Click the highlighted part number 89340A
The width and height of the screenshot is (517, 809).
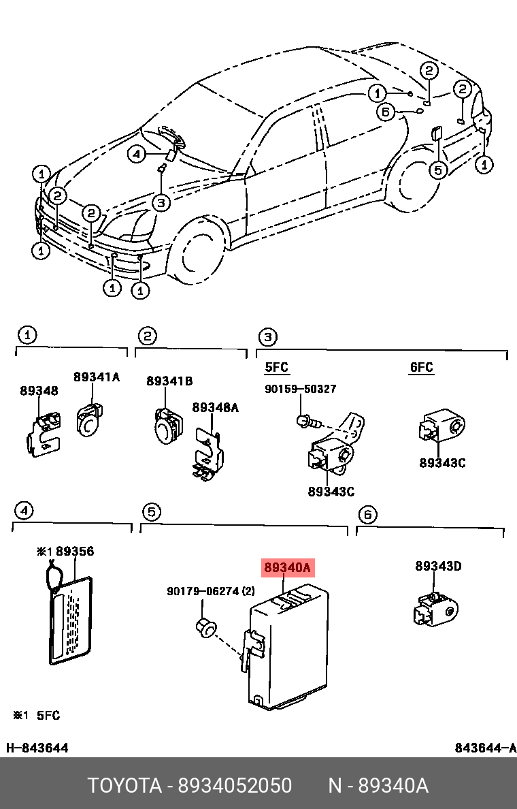click(286, 567)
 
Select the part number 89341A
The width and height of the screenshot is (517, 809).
click(96, 377)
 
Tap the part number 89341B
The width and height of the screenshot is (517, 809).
click(169, 381)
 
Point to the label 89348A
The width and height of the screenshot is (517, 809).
click(215, 407)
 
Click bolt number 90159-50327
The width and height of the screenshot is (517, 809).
click(300, 389)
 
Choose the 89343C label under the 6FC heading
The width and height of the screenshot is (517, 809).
click(442, 462)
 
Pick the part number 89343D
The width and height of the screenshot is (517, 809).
click(438, 566)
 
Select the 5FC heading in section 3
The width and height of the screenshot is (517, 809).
click(276, 368)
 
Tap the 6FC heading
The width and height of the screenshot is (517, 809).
click(421, 368)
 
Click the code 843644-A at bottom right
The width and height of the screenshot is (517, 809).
click(485, 748)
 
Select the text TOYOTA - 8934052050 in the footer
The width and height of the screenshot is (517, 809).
click(189, 785)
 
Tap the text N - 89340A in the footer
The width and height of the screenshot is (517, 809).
click(378, 785)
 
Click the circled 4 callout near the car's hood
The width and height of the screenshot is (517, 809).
click(137, 155)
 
